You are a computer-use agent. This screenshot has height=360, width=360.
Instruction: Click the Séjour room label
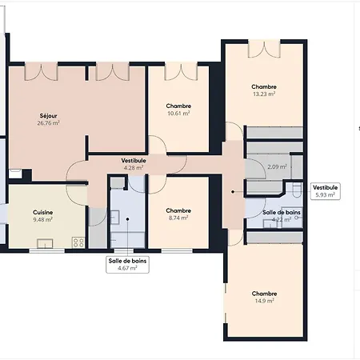[48, 116]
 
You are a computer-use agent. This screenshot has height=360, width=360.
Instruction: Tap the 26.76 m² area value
[48, 123]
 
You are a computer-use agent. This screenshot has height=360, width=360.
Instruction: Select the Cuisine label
[42, 212]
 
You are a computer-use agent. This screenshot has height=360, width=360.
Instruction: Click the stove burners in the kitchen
[78, 242]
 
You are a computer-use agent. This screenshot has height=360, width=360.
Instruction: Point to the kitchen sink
[45, 244]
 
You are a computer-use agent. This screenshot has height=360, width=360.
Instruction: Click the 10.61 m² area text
[178, 114]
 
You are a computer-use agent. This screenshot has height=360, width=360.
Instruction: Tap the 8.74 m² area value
[178, 218]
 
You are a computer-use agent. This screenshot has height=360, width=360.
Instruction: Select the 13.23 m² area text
[264, 94]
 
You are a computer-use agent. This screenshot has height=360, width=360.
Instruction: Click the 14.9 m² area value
[264, 301]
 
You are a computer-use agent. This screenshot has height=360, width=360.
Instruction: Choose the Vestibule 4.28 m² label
[134, 164]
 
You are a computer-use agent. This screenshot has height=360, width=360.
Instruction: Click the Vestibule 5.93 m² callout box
[326, 191]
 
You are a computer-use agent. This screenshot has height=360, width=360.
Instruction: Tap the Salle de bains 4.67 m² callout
[127, 265]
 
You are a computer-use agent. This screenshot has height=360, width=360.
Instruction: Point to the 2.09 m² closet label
[277, 167]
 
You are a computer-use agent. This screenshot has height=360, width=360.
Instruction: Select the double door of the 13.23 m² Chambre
[264, 49]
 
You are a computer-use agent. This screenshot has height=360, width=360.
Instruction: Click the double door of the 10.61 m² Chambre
[181, 71]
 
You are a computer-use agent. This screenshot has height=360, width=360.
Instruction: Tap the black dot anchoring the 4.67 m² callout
[127, 219]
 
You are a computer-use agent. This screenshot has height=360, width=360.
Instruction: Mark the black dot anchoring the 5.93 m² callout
[233, 191]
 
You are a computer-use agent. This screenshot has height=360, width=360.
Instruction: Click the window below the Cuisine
[46, 251]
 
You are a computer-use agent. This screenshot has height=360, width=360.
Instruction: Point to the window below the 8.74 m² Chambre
[177, 251]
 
